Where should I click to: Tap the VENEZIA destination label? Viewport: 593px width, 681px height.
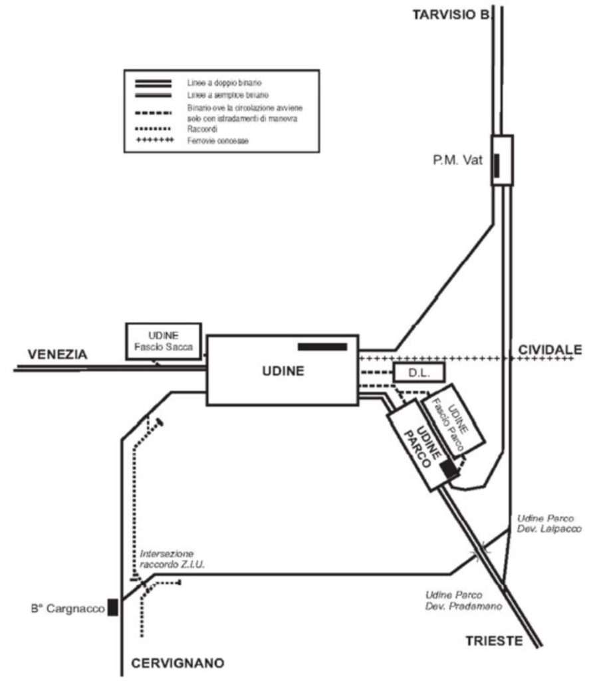[x=57, y=354]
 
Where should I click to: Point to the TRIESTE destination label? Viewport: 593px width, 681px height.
[x=494, y=640]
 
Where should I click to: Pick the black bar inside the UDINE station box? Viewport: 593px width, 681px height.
[x=322, y=346]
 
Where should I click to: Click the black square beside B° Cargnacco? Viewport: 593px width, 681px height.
[x=113, y=607]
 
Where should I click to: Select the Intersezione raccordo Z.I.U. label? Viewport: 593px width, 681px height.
[x=166, y=559]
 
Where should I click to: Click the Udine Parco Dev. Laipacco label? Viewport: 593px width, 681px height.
[x=544, y=523]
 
